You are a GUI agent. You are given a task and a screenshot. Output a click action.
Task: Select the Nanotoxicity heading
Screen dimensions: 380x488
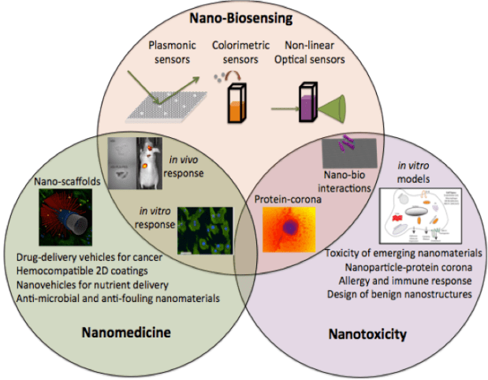coord(367,334)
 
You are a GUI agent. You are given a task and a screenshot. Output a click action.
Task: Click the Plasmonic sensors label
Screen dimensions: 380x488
coord(173,54)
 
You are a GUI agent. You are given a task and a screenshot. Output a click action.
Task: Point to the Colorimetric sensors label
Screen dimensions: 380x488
coord(237,54)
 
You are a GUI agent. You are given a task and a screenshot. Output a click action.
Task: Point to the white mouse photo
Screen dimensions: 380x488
coord(151,162)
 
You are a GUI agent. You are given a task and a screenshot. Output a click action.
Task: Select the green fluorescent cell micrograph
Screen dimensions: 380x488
coord(204,229)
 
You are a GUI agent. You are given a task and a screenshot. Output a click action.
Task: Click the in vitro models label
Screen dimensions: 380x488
coord(415,172)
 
